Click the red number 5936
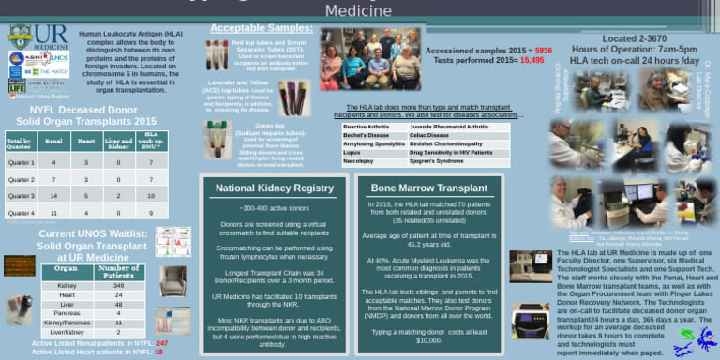coord(544,50)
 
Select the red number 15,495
coord(532,59)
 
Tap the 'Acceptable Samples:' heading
coord(248,29)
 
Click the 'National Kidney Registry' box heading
coord(275,188)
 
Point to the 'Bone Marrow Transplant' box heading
coord(429,187)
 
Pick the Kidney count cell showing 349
coord(118,286)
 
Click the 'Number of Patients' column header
coord(118,271)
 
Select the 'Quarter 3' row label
coord(21,196)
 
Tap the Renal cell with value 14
coord(53,196)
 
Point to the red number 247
coord(161,343)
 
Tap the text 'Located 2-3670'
coord(634,38)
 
